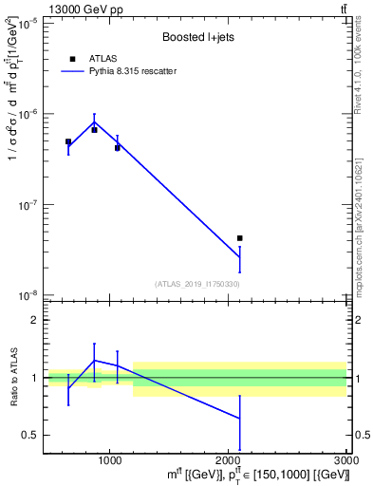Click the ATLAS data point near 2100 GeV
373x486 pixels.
coord(240,238)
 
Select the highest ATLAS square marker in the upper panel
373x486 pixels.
coord(94,130)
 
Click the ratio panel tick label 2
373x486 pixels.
coord(35,321)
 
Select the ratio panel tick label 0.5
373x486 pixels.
coord(30,436)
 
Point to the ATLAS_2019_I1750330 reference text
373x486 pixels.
coord(196,284)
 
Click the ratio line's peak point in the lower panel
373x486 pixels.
coord(94,360)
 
